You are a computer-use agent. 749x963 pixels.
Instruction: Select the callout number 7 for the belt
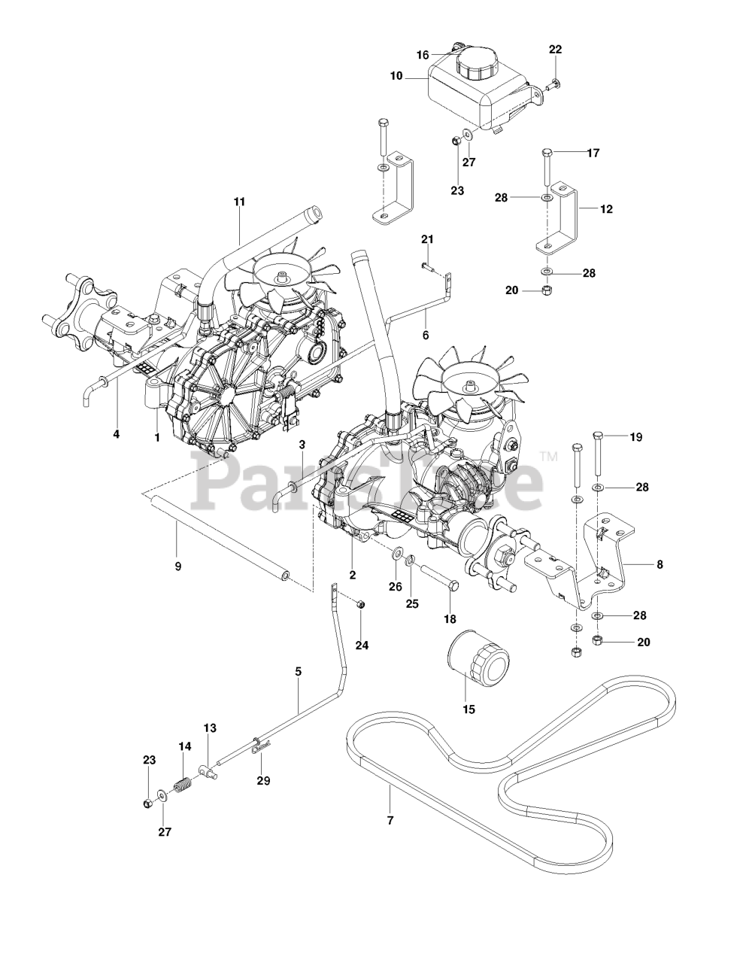pyautogui.click(x=390, y=819)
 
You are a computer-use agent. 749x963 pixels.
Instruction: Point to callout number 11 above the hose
pyautogui.click(x=240, y=202)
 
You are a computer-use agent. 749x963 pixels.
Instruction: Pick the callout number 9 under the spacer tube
pyautogui.click(x=178, y=566)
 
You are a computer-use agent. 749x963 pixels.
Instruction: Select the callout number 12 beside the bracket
pyautogui.click(x=606, y=209)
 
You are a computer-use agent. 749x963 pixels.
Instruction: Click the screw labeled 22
pyautogui.click(x=553, y=85)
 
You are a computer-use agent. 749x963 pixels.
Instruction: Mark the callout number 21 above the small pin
pyautogui.click(x=427, y=239)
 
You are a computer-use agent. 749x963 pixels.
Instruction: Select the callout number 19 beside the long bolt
pyautogui.click(x=636, y=436)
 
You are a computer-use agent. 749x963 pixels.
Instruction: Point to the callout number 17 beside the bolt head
pyautogui.click(x=593, y=153)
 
